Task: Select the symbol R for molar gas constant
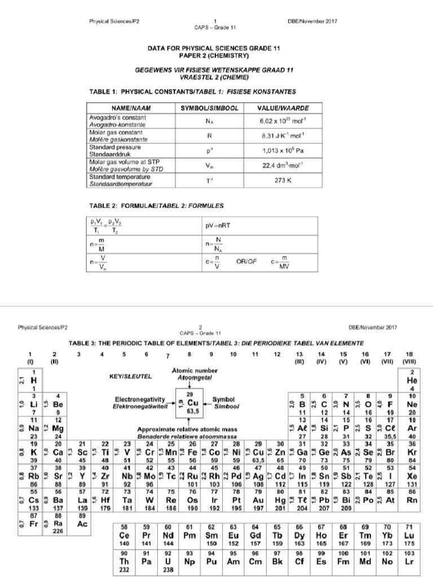pyautogui.click(x=209, y=136)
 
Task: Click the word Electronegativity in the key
pyautogui.click(x=139, y=398)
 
